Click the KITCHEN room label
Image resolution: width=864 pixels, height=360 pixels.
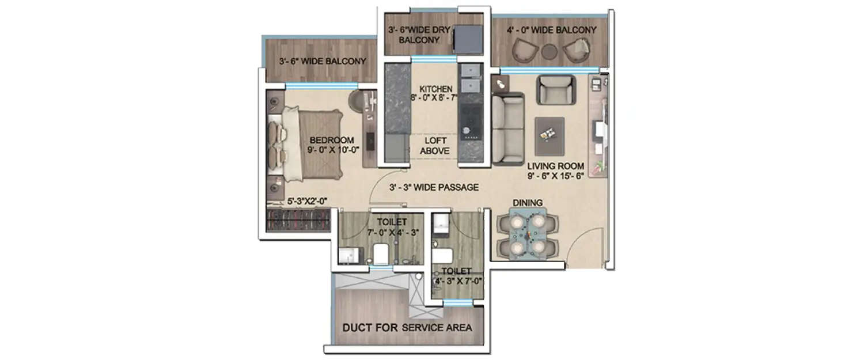[x=435, y=89]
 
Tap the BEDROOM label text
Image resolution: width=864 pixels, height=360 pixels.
[x=331, y=141]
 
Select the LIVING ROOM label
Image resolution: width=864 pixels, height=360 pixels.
[x=555, y=166]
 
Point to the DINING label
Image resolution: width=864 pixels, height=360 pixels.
[x=528, y=203]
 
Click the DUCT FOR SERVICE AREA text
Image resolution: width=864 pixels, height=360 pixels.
[x=407, y=328]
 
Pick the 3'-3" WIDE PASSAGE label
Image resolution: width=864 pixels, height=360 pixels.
[x=434, y=187]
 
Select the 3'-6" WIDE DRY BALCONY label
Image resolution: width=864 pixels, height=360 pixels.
[x=414, y=35]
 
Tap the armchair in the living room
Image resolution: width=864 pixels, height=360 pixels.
[x=555, y=89]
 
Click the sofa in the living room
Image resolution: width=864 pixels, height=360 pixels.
[x=508, y=130]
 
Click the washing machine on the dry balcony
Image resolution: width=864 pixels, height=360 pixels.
[x=468, y=39]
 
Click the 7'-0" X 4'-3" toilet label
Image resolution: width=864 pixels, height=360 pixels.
[x=392, y=227]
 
